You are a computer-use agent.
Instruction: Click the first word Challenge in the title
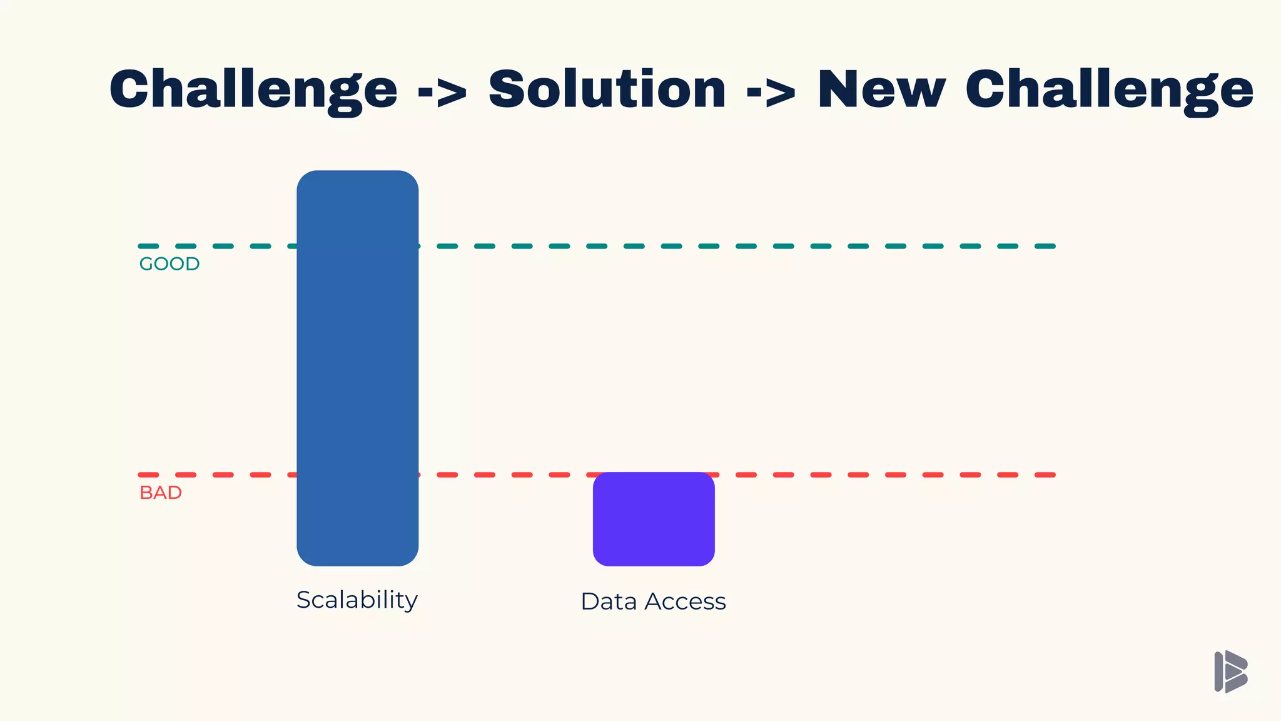[x=253, y=89]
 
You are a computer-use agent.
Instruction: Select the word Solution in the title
[x=607, y=89]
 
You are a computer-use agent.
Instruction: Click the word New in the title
[x=881, y=89]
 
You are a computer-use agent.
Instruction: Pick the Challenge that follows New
[x=1109, y=89]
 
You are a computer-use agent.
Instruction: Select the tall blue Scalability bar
[x=357, y=368]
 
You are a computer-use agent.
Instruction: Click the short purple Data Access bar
[x=654, y=519]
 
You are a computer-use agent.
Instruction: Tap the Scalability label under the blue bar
[x=357, y=600]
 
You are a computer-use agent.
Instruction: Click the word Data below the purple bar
[x=609, y=601]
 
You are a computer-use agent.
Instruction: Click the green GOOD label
[x=169, y=264]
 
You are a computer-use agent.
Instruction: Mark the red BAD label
[x=161, y=493]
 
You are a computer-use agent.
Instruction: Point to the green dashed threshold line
[x=751, y=246]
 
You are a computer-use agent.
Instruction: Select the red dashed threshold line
[x=876, y=475]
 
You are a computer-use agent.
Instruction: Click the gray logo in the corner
[x=1230, y=672]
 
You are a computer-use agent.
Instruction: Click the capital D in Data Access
[x=591, y=601]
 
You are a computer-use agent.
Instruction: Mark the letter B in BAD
[x=146, y=493]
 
